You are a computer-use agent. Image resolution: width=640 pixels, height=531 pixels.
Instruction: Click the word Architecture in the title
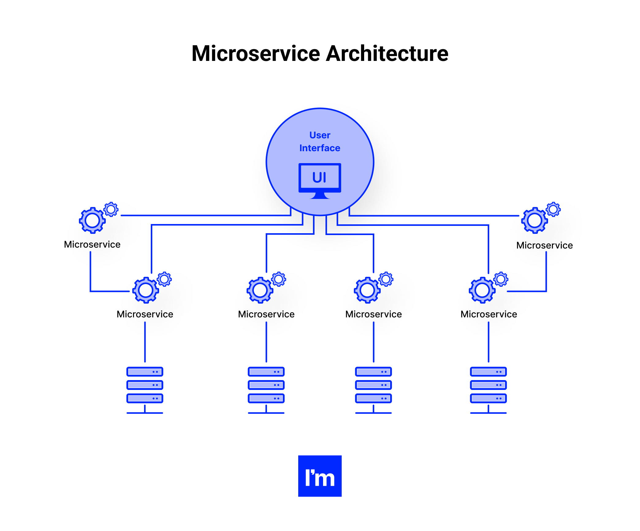click(387, 54)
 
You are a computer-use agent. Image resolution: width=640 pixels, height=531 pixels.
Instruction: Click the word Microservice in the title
click(256, 54)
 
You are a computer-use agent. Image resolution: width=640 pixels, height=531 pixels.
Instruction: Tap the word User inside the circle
click(320, 135)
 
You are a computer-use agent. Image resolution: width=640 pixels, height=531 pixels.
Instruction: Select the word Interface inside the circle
click(320, 148)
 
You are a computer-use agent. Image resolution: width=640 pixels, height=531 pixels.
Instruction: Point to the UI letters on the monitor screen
click(319, 178)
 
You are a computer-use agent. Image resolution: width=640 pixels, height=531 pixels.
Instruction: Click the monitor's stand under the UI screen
click(320, 196)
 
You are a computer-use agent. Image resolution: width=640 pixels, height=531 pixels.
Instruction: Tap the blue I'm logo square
click(320, 476)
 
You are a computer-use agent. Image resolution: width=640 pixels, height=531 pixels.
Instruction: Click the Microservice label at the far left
click(92, 245)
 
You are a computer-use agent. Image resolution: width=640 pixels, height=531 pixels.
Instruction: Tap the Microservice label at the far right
click(544, 245)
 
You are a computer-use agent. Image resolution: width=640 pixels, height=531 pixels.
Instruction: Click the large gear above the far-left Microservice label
click(92, 220)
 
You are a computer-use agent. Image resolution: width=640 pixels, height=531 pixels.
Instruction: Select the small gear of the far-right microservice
click(553, 210)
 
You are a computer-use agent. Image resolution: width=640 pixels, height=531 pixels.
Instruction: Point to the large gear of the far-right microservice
click(535, 220)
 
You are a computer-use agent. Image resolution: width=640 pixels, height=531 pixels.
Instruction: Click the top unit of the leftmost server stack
click(145, 372)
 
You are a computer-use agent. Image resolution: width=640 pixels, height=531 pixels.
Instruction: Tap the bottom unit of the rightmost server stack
click(488, 398)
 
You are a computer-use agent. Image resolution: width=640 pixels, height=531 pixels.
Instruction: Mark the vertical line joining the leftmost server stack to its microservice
click(145, 342)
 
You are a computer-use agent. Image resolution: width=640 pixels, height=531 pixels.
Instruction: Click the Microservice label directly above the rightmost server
click(489, 314)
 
